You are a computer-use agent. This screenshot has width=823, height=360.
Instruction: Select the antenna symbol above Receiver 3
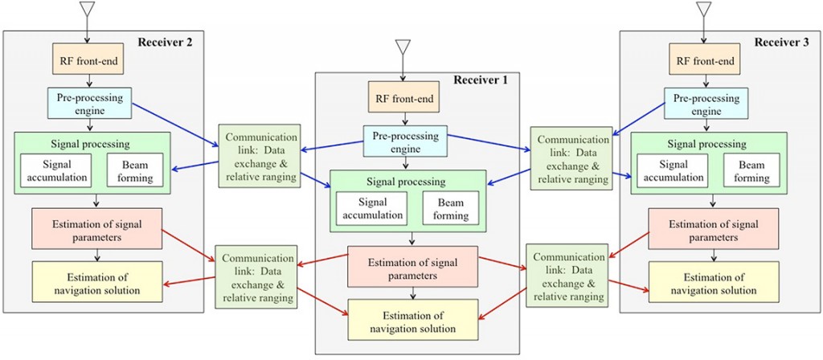(704, 10)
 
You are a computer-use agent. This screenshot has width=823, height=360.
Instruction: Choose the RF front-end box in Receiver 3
(705, 61)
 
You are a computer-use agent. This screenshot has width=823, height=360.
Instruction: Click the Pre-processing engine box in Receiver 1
(405, 142)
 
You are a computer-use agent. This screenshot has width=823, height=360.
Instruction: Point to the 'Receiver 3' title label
(783, 41)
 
